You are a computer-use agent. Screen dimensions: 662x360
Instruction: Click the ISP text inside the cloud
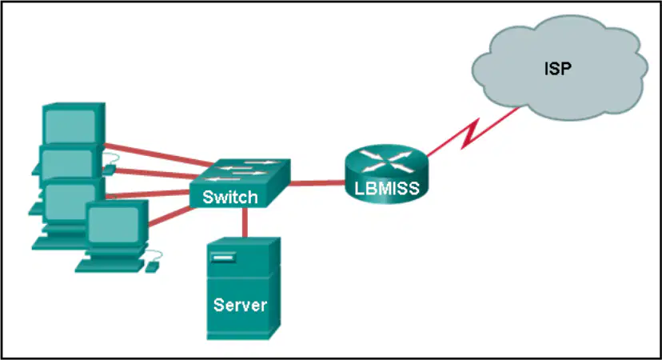558,69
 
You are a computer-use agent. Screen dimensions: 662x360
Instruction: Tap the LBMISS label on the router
387,189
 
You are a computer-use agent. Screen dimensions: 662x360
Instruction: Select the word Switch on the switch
230,198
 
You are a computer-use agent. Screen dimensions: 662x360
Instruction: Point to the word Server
240,305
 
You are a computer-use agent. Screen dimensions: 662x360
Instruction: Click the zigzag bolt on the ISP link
470,134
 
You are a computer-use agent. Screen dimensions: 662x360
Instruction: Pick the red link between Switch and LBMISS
317,183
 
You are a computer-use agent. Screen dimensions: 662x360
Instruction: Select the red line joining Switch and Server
245,222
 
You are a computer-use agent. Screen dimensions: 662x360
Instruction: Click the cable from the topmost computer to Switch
159,154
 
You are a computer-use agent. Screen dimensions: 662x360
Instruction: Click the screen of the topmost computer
70,126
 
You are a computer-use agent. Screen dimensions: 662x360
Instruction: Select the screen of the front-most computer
114,226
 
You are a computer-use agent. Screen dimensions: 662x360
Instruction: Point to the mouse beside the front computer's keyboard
152,266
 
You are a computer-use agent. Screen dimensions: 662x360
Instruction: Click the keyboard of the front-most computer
109,266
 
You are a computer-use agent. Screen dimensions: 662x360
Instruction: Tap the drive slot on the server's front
222,258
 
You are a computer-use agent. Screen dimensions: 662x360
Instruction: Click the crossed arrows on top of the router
387,162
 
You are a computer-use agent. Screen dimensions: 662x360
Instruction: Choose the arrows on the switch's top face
242,170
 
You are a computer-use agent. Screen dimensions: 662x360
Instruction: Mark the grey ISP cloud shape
560,68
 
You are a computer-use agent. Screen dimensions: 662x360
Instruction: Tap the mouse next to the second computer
109,170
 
